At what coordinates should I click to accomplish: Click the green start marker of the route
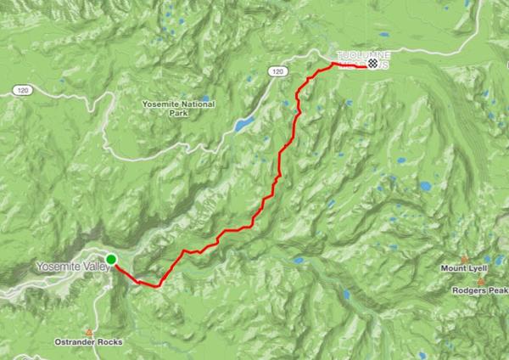pos(111,259)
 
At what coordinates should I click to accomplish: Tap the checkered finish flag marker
pos(372,64)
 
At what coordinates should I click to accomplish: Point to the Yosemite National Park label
pos(179,108)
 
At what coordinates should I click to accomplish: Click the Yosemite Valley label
pos(70,267)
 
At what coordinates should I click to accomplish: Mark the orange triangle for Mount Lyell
pos(464,259)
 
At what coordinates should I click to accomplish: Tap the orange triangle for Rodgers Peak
pos(482,281)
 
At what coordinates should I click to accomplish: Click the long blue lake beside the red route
pos(243,125)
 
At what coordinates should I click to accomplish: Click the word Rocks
pos(109,342)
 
